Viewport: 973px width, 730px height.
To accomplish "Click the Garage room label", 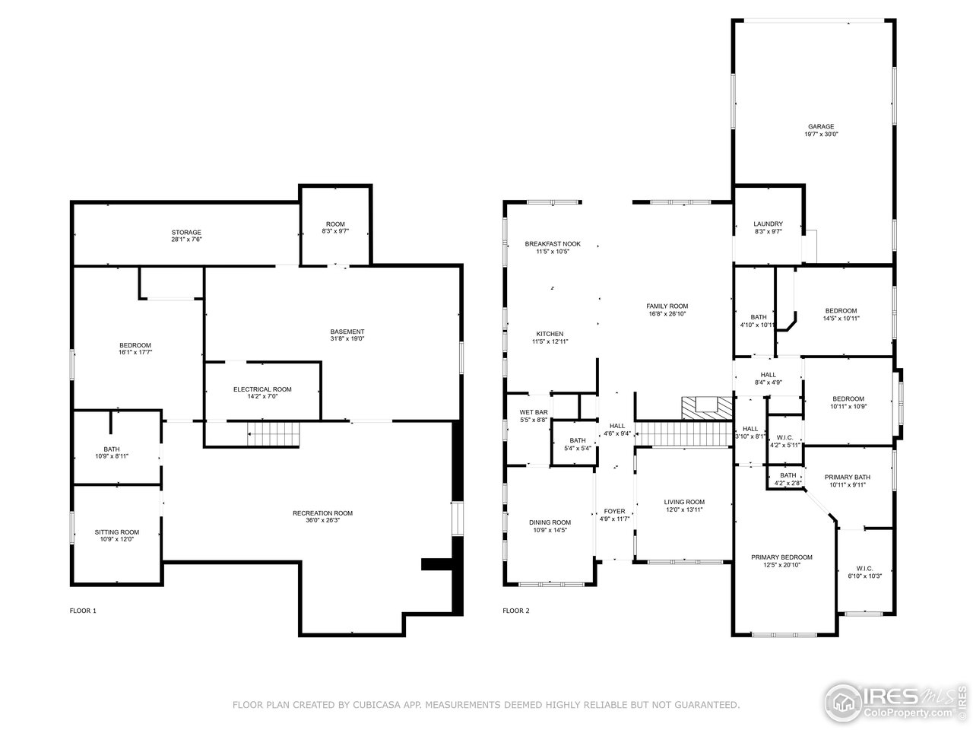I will point(821,127).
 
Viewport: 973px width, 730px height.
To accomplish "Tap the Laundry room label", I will point(768,224).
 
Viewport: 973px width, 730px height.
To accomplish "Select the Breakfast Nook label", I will point(553,243).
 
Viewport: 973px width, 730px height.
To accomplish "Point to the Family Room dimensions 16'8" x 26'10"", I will point(667,313).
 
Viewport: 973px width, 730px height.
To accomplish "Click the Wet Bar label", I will point(534,412).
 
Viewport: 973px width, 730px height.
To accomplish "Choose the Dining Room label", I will point(550,522).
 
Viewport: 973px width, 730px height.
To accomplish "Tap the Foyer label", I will point(614,511).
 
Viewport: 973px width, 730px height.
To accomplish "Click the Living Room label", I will point(684,502).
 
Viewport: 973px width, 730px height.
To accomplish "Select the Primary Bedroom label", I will point(781,557).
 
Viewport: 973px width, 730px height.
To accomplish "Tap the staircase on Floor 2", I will point(683,433).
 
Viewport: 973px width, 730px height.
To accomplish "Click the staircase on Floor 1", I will point(274,435).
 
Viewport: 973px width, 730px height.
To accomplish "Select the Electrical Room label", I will point(262,389).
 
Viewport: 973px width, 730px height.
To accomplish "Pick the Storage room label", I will point(186,232).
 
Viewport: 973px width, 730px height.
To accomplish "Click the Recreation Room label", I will point(322,513).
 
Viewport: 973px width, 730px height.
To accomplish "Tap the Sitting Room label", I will point(117,532).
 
